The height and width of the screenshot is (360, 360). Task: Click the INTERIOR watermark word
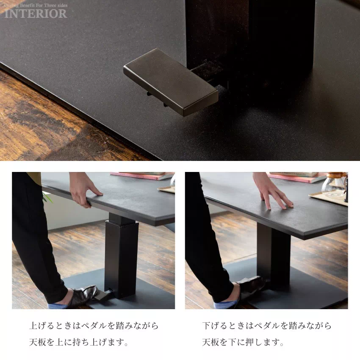[36, 13]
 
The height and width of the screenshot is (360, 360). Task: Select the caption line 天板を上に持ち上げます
[79, 342]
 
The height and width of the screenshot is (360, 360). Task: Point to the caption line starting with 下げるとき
[267, 326]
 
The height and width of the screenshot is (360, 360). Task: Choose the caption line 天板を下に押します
[244, 342]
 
